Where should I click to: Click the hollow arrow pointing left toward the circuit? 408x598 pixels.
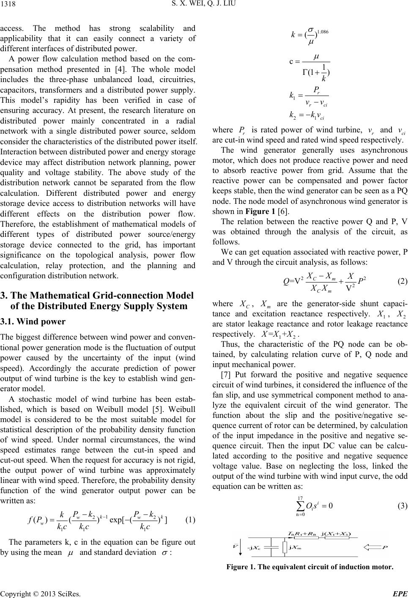[372, 549]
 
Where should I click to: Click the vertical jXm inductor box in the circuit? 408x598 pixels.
[284, 548]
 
